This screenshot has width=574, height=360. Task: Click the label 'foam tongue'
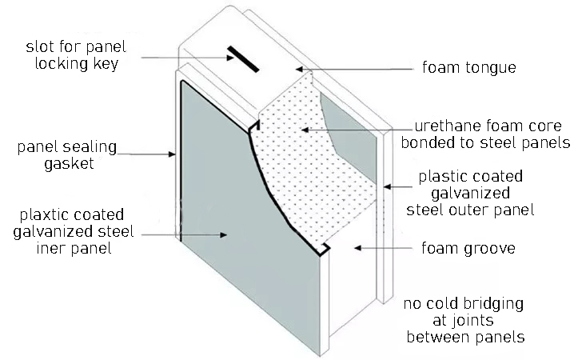(469, 67)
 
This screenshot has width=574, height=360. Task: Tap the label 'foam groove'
(468, 249)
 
